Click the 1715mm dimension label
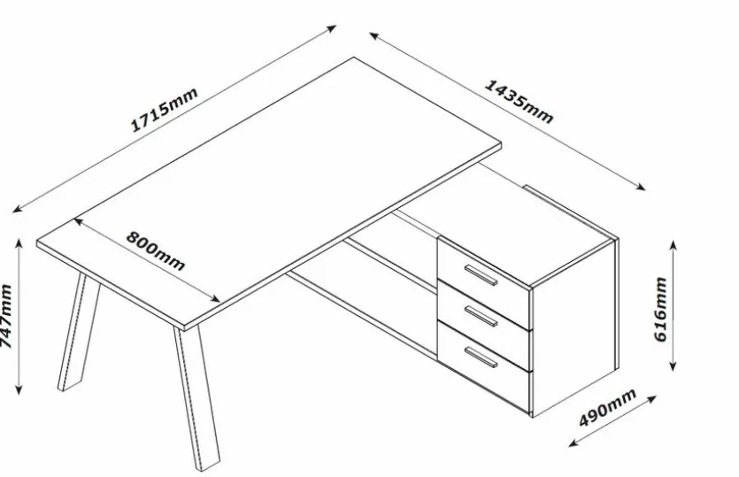[165, 111]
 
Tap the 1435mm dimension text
[520, 101]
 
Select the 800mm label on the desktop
[155, 250]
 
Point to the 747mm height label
[8, 316]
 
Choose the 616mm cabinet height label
[659, 310]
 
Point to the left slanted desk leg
[73, 333]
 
